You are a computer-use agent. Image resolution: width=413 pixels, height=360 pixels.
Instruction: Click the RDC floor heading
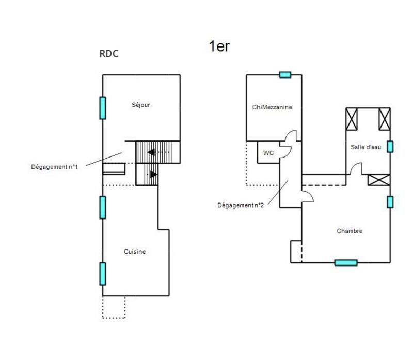[x=108, y=54]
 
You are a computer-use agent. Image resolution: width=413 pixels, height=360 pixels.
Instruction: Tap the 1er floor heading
[x=219, y=46]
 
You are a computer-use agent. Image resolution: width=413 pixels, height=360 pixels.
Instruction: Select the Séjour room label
[x=140, y=105]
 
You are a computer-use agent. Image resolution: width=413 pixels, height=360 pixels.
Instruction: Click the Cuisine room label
[x=135, y=252]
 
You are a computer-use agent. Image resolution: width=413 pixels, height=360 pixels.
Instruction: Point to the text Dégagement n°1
[x=54, y=166]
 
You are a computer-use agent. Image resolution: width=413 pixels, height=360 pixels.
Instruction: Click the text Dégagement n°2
[x=240, y=205]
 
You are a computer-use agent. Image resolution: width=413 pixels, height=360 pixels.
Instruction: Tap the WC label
[x=268, y=153]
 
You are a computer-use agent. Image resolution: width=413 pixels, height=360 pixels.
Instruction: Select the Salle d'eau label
[x=366, y=147]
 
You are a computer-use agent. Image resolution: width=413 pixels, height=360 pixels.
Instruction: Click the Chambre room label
[x=349, y=231]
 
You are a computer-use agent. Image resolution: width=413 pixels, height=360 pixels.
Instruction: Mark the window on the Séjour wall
[x=103, y=107]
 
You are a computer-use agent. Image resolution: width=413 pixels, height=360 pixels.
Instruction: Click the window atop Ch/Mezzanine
[x=285, y=75]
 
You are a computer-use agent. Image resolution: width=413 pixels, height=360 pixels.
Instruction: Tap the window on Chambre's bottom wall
[x=346, y=262]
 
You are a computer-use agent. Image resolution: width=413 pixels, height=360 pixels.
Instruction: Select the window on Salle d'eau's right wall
[x=390, y=147]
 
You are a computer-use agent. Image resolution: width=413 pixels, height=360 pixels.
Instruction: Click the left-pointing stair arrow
[x=152, y=152]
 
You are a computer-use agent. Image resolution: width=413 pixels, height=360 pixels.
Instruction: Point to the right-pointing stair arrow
[x=153, y=175]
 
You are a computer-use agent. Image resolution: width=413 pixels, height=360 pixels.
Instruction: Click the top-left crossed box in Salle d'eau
[x=352, y=119]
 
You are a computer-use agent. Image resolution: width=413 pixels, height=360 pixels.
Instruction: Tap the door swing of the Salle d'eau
[x=355, y=168]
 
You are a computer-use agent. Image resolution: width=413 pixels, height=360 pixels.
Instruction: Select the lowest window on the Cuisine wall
[x=103, y=273]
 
